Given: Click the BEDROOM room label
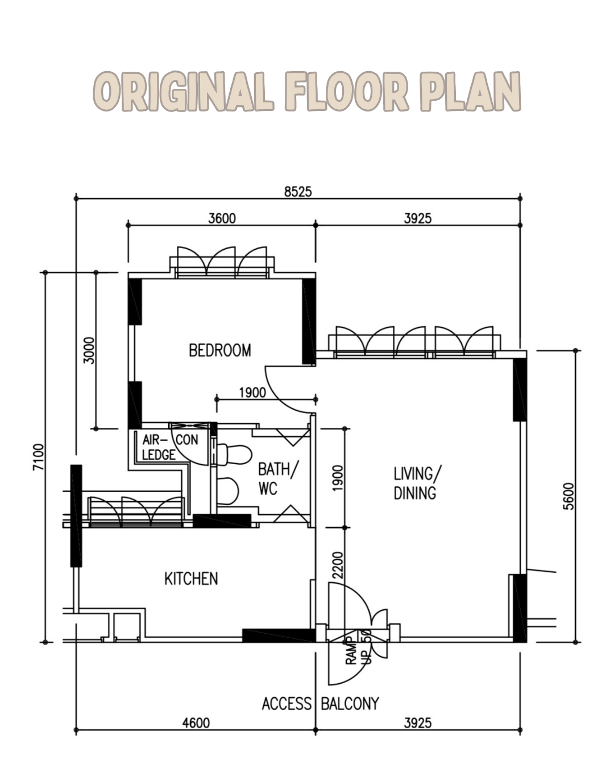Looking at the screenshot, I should tap(220, 350).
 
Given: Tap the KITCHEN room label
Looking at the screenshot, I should tap(191, 579).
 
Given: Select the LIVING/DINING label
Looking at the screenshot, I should tap(416, 483).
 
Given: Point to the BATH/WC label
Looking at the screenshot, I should tap(277, 478).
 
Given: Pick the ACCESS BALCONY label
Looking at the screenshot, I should tap(320, 704).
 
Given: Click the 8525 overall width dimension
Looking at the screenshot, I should tap(298, 192).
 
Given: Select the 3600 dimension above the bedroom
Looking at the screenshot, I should tap(222, 218).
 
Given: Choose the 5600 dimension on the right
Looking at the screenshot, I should tap(569, 496).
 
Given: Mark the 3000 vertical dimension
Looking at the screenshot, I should tap(89, 350).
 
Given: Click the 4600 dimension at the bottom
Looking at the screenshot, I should tap(196, 722).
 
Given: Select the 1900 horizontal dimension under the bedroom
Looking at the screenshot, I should tap(252, 393).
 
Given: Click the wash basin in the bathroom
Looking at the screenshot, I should tap(227, 491).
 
